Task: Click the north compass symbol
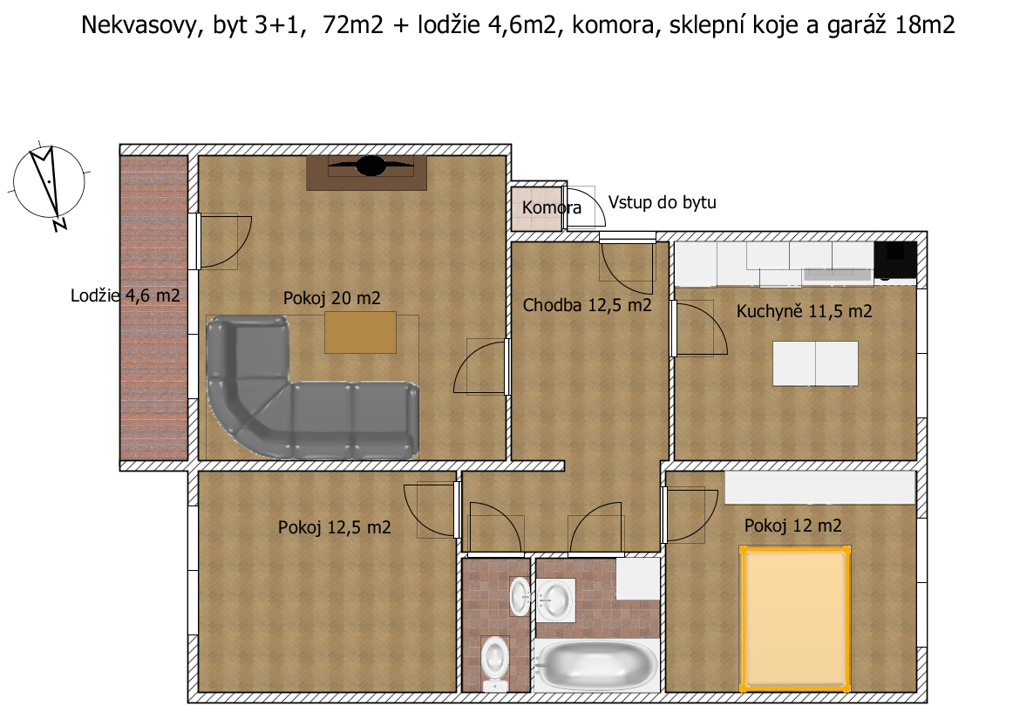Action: point(49,185)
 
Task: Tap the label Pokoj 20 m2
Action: point(331,298)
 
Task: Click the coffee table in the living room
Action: point(360,333)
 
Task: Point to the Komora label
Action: point(551,208)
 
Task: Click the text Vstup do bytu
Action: point(663,203)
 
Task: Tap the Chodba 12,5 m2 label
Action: point(587,306)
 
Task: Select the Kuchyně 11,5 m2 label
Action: point(804,311)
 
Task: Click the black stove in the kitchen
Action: point(895,260)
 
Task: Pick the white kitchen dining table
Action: point(815,363)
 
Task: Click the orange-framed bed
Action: point(795,619)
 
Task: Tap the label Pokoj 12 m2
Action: point(792,526)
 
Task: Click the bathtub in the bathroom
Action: point(595,665)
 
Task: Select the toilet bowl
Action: point(495,662)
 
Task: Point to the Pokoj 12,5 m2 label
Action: point(334,527)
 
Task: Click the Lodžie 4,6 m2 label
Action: point(125,295)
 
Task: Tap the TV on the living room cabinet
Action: point(371,166)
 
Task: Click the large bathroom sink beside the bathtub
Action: point(555,600)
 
